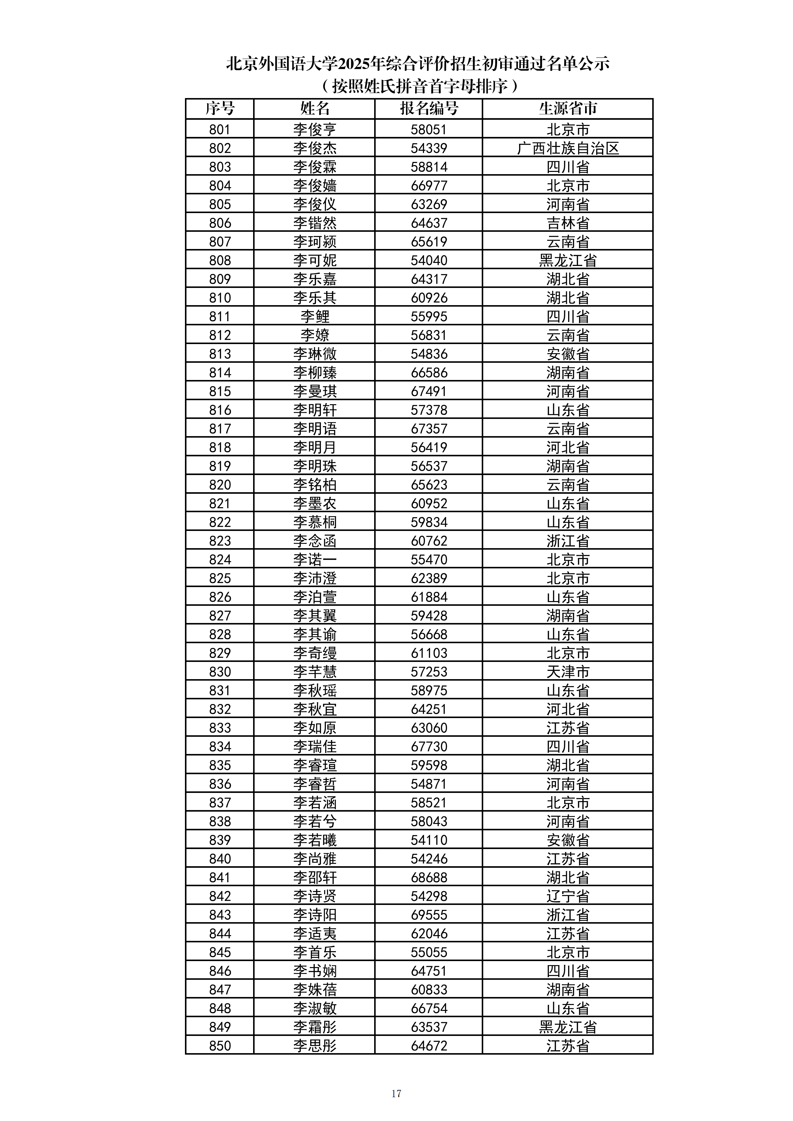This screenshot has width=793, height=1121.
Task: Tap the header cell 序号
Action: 220,108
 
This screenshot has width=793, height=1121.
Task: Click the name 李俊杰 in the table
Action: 315,148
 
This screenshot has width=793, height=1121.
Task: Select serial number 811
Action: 220,316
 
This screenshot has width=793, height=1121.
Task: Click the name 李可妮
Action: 315,260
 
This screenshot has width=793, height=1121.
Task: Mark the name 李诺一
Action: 315,560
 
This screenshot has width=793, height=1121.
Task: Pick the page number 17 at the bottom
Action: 396,1093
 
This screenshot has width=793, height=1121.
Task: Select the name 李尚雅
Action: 315,859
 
